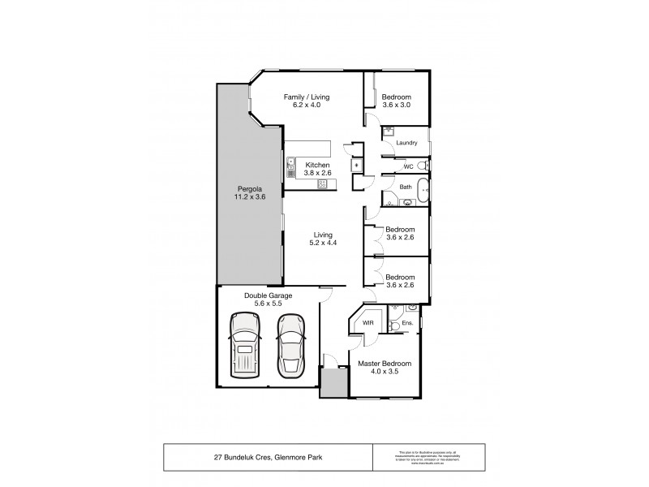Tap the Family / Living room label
[x=306, y=97]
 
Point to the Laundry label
[x=406, y=143]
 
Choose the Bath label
[x=406, y=187]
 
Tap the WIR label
[x=367, y=322]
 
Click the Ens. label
[x=408, y=323]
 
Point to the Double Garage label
[x=268, y=295]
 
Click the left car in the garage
[x=245, y=345]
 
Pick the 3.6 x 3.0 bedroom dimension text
[x=397, y=105]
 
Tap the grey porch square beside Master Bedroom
[x=333, y=381]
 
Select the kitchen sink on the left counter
[x=290, y=170]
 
